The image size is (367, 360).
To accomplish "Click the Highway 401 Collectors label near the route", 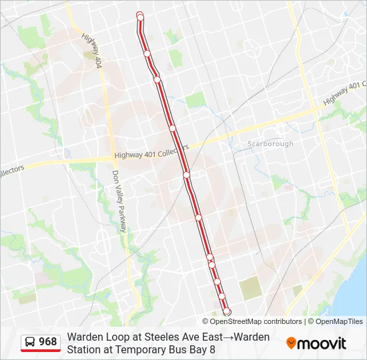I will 151,152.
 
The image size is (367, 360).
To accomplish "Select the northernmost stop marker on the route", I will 139,15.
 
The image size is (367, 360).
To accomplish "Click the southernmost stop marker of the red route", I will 227,311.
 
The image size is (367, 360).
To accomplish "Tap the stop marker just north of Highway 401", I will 172,127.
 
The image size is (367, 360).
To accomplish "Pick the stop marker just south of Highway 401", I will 187,175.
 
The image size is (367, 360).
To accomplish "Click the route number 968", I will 48,343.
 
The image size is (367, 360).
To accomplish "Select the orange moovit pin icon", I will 291,343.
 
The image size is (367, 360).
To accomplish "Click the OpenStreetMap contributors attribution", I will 252,321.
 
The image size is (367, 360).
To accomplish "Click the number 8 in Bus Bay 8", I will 212,349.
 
